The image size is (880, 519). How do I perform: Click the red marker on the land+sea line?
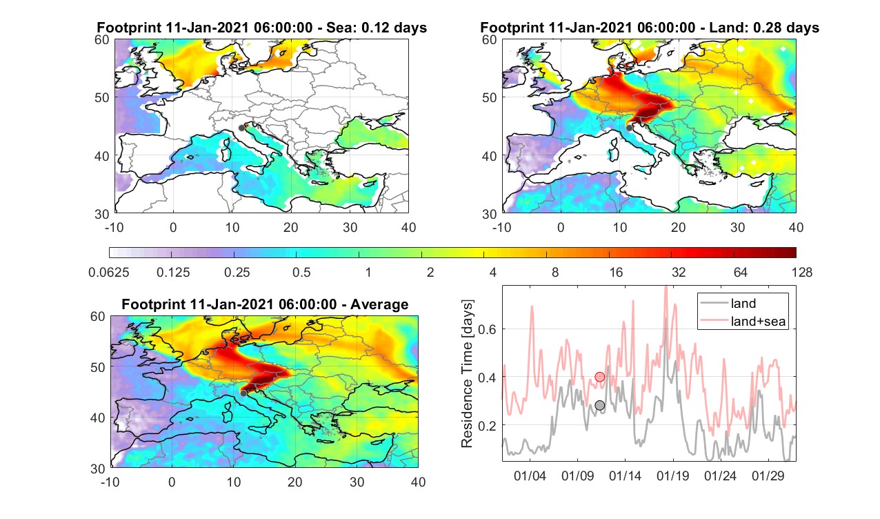click(599, 377)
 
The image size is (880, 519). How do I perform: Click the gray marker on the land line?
click(599, 405)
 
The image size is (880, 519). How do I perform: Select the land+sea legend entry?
click(743, 321)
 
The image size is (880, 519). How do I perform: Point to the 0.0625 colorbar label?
click(109, 272)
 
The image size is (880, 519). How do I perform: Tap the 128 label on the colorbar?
click(801, 272)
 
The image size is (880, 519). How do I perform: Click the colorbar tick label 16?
click(616, 272)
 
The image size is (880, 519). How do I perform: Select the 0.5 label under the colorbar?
click(301, 272)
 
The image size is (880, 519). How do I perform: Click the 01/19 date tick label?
click(672, 476)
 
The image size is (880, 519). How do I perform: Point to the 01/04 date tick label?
click(530, 476)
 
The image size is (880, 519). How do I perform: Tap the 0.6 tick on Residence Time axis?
click(487, 329)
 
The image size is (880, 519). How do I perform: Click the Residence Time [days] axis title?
click(467, 374)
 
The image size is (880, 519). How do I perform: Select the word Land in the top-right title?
click(726, 28)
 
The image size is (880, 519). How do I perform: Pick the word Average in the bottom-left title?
click(379, 304)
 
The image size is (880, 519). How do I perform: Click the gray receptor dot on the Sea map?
click(241, 128)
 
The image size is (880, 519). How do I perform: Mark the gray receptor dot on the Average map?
click(243, 393)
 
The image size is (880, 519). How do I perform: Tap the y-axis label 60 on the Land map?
click(489, 40)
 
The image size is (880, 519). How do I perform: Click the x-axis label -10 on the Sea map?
click(114, 227)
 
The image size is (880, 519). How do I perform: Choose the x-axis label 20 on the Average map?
click(294, 482)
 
